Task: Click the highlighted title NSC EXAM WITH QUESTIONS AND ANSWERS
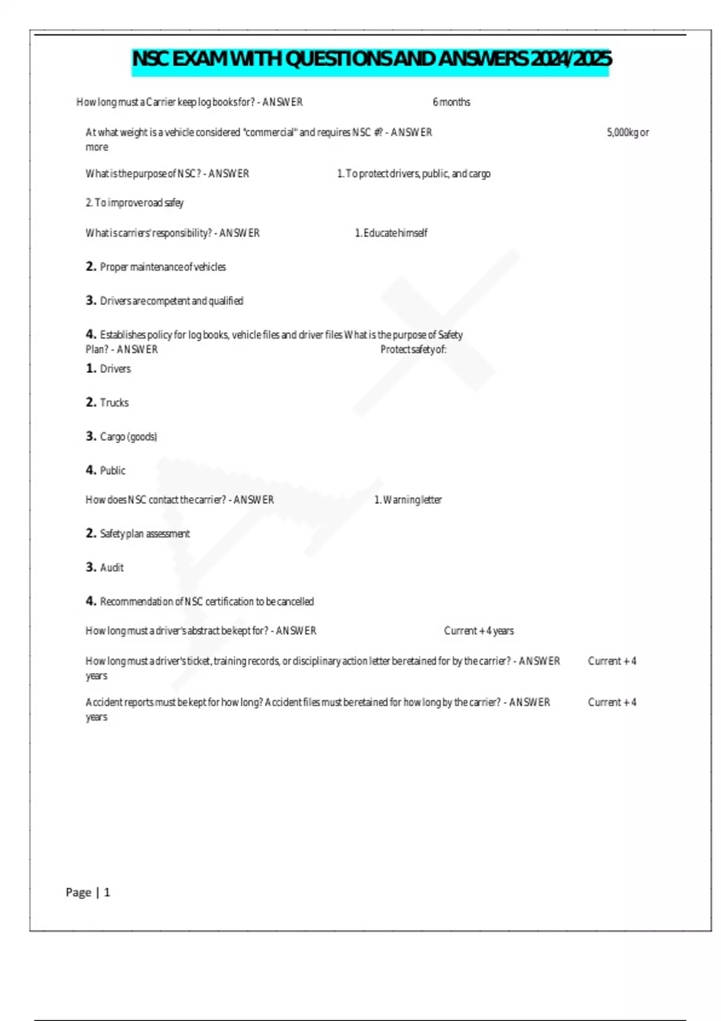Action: point(371,59)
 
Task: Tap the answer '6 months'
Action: point(451,102)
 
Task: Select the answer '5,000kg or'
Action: point(627,132)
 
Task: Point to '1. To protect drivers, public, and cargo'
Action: point(413,174)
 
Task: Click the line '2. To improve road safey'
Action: point(135,203)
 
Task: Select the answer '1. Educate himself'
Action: point(391,233)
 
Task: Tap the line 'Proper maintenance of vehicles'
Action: point(162,267)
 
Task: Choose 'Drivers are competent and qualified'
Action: point(171,301)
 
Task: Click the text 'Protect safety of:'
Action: point(413,350)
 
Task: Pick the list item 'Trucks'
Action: point(114,402)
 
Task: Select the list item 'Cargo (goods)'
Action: point(128,437)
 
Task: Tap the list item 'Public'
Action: point(112,470)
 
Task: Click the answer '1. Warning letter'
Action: point(407,500)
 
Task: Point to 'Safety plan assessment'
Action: point(144,533)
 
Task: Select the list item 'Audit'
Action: point(112,568)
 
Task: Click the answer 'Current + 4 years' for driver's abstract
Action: point(479,631)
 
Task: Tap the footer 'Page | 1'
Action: point(88,892)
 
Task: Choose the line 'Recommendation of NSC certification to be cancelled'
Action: point(207,601)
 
